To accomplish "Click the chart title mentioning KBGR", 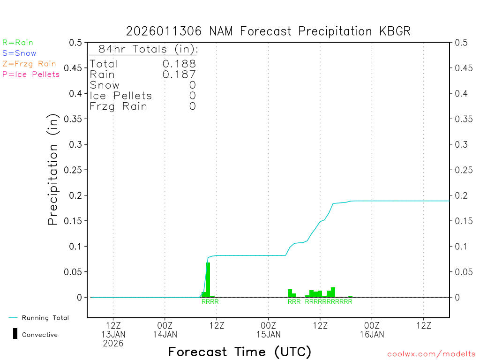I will [268, 31].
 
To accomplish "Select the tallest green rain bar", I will [208, 279].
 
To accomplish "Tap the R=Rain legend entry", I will [18, 43].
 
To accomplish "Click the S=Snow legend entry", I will [19, 53].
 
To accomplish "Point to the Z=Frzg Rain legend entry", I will [29, 64].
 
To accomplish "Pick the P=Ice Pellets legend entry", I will [31, 74].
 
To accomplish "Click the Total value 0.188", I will [179, 64].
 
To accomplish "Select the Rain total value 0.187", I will [179, 75].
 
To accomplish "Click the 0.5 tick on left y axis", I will [75, 43].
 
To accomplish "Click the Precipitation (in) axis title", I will [53, 170].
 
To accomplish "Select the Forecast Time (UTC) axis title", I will [240, 352].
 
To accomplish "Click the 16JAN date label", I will [372, 334].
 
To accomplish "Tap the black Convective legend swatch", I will [15, 334].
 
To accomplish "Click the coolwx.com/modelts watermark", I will [431, 354].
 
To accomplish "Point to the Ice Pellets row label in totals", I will [121, 96].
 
